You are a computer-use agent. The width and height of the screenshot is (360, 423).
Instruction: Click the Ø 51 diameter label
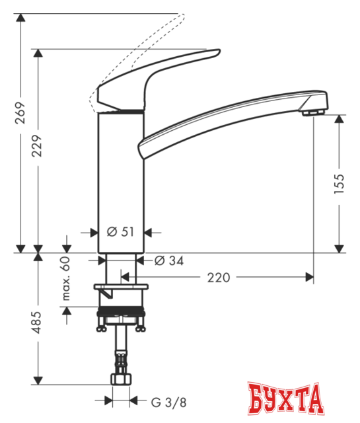(120, 231)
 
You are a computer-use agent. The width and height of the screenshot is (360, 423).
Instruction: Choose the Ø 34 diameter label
(169, 260)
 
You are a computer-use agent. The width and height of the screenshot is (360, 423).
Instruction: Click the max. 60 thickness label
(66, 278)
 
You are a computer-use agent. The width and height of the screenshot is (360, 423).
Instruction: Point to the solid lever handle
(159, 73)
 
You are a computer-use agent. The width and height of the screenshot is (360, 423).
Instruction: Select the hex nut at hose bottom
(122, 380)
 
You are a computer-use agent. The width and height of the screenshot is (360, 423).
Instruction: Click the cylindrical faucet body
(120, 178)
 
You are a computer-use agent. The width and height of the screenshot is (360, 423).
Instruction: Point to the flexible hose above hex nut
(122, 350)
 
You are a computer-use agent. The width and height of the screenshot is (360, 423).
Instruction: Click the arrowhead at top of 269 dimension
(20, 16)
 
